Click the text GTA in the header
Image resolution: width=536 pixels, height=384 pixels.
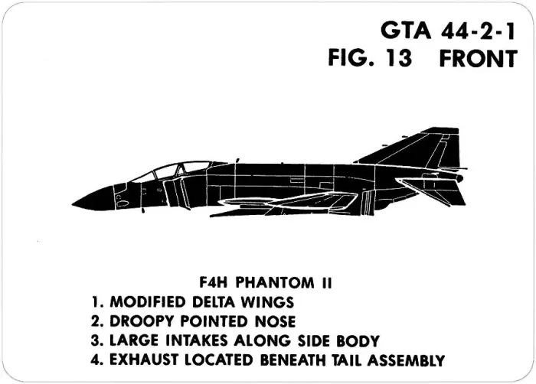[x=406, y=31]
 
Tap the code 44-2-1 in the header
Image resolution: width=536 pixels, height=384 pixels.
[x=478, y=31]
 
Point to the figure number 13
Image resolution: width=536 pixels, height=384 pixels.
[x=400, y=58]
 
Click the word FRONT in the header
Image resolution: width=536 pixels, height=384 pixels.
[x=479, y=58]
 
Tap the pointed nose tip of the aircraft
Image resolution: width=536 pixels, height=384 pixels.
[x=72, y=204]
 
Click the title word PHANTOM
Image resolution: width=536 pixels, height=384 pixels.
[x=275, y=283]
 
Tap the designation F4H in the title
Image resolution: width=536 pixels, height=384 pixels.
[x=214, y=283]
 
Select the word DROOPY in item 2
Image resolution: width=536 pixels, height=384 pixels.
[x=142, y=321]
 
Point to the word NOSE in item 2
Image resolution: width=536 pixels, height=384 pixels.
[x=275, y=321]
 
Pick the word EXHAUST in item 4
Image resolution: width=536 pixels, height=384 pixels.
[x=144, y=360]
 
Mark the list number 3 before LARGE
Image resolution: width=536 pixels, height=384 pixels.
[x=95, y=341]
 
